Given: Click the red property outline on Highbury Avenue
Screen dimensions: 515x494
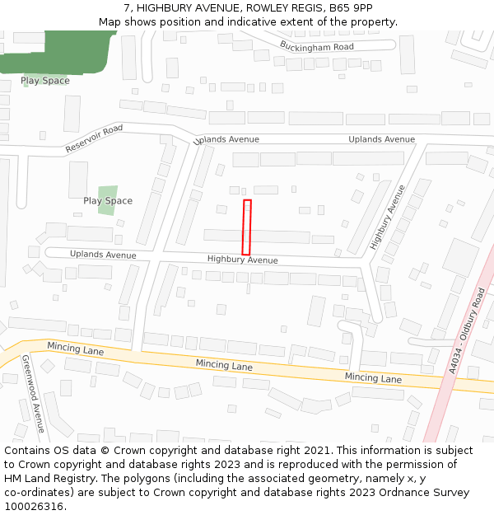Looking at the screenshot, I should [x=246, y=227].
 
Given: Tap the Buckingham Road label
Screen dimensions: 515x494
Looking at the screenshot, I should [x=316, y=46].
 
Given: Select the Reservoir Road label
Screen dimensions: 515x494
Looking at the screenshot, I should [x=94, y=138].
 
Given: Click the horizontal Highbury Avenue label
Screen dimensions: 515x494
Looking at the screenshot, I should [x=242, y=260].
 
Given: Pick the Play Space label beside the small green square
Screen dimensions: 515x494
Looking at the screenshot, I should [x=107, y=201].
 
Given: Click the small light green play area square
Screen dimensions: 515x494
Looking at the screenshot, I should [x=107, y=199].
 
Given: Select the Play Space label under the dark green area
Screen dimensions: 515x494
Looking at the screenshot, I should [x=45, y=81].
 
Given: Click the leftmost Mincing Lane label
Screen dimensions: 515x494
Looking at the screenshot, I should [x=75, y=349].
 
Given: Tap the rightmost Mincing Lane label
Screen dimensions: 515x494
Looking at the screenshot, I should [x=373, y=377].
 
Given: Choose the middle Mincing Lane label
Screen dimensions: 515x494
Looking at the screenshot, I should [x=224, y=363].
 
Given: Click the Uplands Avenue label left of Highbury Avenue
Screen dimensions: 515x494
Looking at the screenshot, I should [x=103, y=255].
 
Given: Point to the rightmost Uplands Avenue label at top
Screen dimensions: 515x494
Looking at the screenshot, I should [x=381, y=139].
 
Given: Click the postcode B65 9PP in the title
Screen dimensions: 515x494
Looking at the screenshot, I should [x=350, y=7].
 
